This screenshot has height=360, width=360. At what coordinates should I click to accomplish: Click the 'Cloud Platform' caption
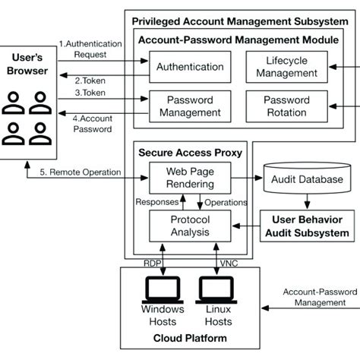coord(188,337)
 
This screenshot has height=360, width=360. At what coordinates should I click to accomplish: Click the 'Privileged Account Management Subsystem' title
coord(241,21)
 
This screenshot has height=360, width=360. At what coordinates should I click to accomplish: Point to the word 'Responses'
coord(157,202)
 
